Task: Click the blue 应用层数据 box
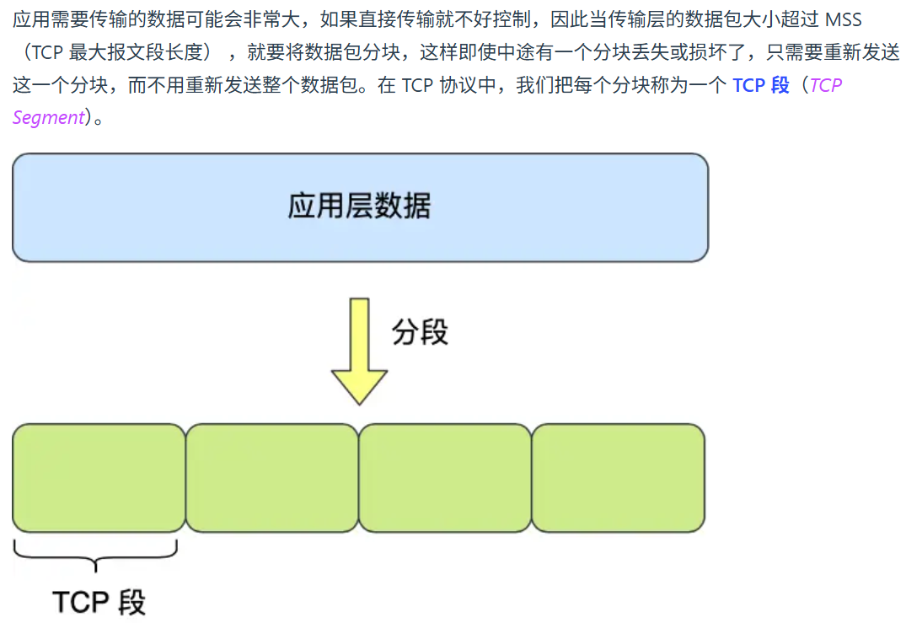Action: click(x=360, y=207)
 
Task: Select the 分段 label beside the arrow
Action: click(x=420, y=332)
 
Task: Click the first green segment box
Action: click(x=99, y=478)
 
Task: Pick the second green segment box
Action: click(x=271, y=478)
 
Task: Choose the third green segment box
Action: click(x=445, y=478)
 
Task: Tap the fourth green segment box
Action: click(x=618, y=478)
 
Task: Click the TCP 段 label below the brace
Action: click(x=99, y=602)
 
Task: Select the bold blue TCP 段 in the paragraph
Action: click(x=760, y=85)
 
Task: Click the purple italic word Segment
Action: click(x=48, y=117)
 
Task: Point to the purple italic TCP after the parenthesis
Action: click(x=825, y=85)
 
